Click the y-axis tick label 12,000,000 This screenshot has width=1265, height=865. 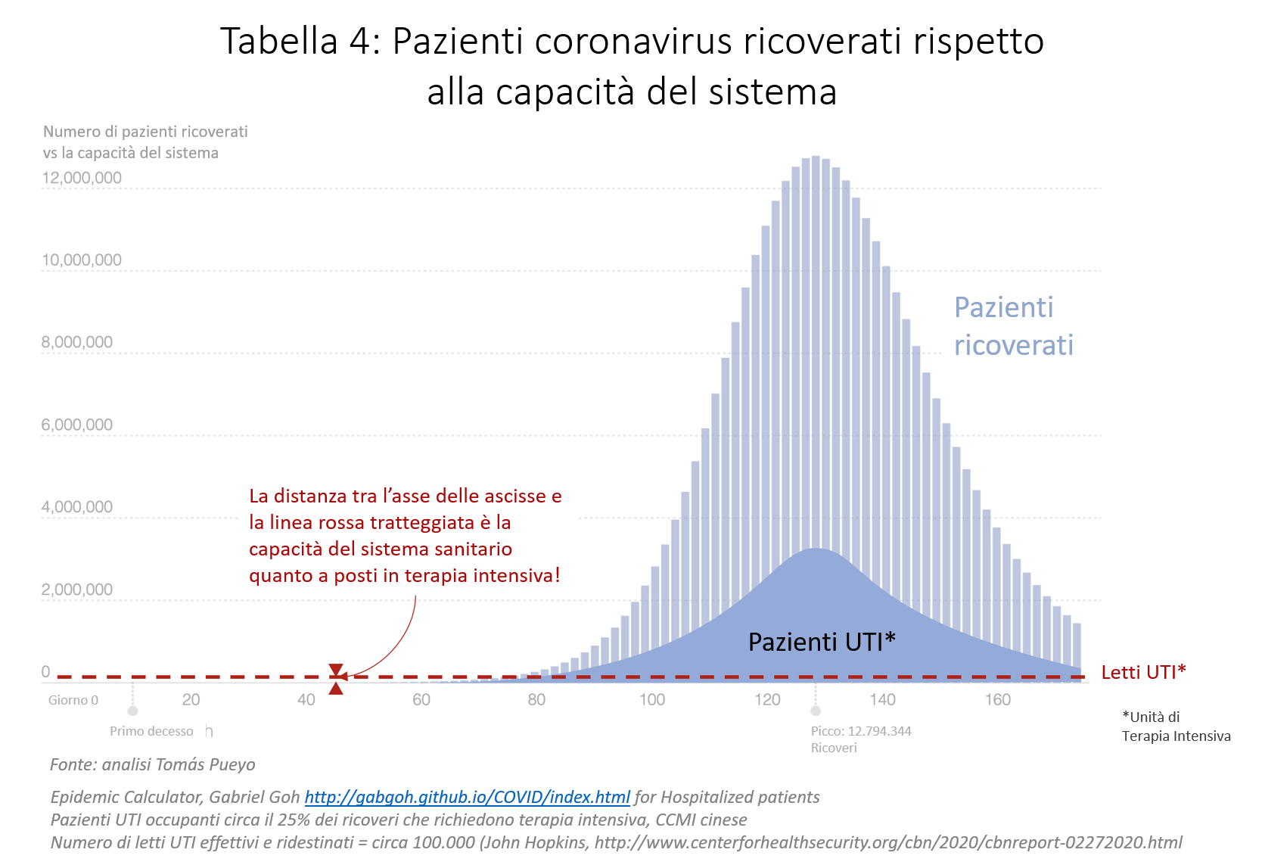coord(82,178)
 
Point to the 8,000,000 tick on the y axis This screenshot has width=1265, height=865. coord(77,342)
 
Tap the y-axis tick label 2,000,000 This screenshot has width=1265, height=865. coord(77,590)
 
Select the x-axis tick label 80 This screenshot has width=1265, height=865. coord(536,700)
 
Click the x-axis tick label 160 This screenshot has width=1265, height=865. coord(997,700)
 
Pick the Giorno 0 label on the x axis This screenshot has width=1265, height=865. coord(73,700)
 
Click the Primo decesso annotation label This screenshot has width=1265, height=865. coord(151,731)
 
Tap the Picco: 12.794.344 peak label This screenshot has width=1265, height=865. coord(861,731)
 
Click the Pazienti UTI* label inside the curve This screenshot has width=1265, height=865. coord(822,642)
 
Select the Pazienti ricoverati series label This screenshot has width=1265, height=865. coord(1013,326)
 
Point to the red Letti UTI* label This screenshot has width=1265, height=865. coord(1143,672)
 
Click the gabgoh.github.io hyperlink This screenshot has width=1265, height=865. coord(467,797)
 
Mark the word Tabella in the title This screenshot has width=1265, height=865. coord(278,41)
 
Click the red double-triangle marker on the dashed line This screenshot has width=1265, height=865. coord(336,678)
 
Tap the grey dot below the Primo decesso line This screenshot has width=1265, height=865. coord(132,711)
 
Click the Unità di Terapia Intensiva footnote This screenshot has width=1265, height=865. coord(1176,727)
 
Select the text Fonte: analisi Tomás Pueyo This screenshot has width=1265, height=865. coord(153,764)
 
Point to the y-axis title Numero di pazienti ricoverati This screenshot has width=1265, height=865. coord(145,132)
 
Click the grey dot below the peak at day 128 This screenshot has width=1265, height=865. coord(816,711)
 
